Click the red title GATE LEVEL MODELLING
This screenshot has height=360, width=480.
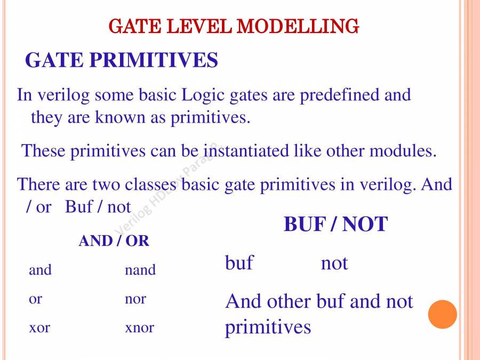point(234,26)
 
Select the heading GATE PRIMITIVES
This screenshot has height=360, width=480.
point(122,60)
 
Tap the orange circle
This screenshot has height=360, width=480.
point(442,314)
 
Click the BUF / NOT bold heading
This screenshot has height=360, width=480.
point(336,224)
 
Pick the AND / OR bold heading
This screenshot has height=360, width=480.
point(114,241)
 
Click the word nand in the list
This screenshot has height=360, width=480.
point(140,270)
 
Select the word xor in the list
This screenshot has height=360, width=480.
point(39,328)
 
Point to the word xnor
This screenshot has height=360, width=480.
point(140,328)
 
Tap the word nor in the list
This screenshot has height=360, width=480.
point(135,299)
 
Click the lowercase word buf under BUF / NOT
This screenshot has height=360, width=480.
point(239,262)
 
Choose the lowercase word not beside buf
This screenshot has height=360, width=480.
point(334,263)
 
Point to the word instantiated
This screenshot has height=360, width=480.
point(246,151)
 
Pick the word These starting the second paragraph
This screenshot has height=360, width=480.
point(43,151)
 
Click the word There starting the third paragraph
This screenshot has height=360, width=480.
point(38,185)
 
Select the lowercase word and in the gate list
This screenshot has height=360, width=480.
point(40,270)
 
